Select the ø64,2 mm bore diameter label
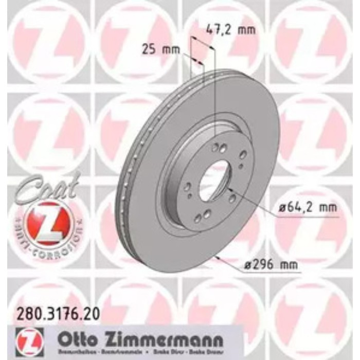coord(305,208)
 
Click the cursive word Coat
coord(48,186)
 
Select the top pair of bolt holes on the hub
coord(219,148)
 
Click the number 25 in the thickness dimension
coord(148,50)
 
